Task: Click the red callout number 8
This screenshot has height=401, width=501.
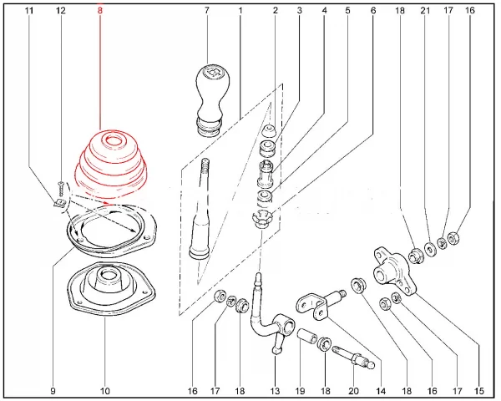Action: [x=100, y=11]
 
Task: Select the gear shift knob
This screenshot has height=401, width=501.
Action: [x=209, y=94]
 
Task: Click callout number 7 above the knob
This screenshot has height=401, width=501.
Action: [x=206, y=11]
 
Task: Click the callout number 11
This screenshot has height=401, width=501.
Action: [x=30, y=11]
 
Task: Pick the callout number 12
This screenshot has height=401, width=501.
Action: [x=60, y=11]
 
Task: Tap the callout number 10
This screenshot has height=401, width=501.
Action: [x=105, y=390]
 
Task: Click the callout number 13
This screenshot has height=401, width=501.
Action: [x=275, y=390]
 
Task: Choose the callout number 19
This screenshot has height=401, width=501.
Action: [x=299, y=390]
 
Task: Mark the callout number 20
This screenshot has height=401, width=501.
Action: [x=352, y=390]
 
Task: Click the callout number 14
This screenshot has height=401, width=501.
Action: [x=380, y=390]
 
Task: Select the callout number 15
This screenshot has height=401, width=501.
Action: [x=479, y=390]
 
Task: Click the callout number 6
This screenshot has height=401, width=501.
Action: [x=373, y=11]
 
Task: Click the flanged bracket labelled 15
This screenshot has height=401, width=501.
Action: [x=388, y=265]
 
